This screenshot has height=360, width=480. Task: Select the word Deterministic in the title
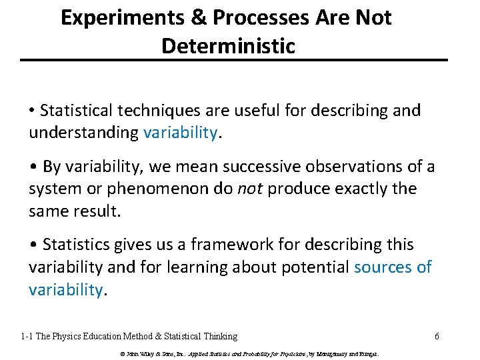[x=227, y=45]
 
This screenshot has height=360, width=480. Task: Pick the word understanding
[x=83, y=132]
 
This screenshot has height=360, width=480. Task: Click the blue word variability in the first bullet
[x=180, y=132]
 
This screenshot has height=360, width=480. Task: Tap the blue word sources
[x=383, y=267]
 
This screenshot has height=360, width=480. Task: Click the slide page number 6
[x=437, y=336]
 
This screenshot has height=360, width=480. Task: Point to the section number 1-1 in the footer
[x=26, y=336]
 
